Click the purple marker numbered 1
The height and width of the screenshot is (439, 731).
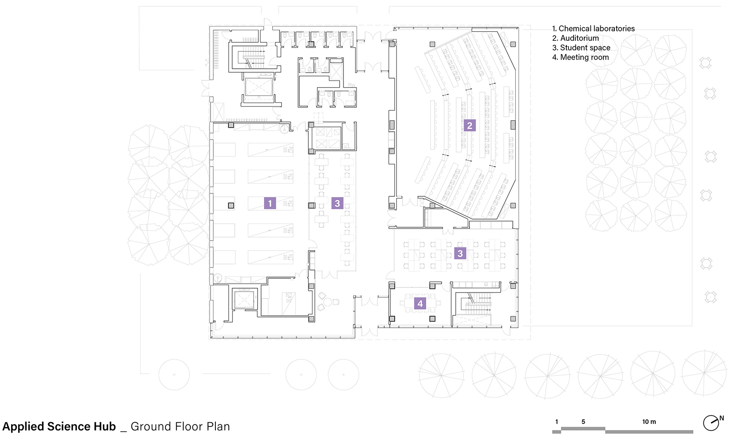270,203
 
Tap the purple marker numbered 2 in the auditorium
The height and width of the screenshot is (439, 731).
470,125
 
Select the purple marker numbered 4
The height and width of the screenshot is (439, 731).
420,304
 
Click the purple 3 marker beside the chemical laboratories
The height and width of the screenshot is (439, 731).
337,203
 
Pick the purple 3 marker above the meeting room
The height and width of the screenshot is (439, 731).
460,253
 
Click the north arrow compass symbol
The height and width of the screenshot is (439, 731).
711,423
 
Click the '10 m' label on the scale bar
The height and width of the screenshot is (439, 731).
649,422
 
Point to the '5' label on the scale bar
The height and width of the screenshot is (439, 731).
583,422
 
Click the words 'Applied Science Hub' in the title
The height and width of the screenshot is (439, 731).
59,427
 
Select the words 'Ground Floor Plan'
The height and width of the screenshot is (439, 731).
180,427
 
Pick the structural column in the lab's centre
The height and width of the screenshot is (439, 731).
231,205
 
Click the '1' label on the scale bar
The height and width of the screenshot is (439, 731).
556,422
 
